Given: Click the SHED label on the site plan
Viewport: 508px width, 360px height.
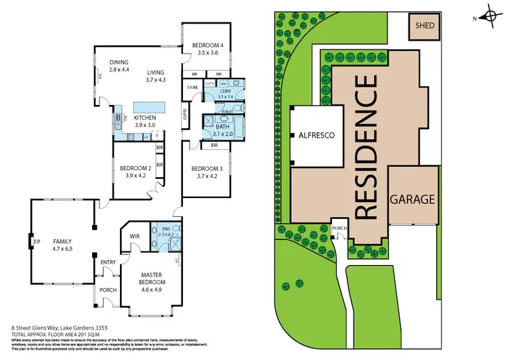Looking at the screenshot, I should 425,27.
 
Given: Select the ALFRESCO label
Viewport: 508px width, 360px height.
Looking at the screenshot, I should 317,136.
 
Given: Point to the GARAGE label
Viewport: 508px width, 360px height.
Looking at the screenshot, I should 412,200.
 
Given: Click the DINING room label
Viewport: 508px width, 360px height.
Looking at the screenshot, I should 119,64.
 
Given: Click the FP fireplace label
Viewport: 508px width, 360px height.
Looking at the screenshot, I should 37,241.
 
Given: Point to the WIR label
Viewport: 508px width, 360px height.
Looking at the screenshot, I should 134,236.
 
